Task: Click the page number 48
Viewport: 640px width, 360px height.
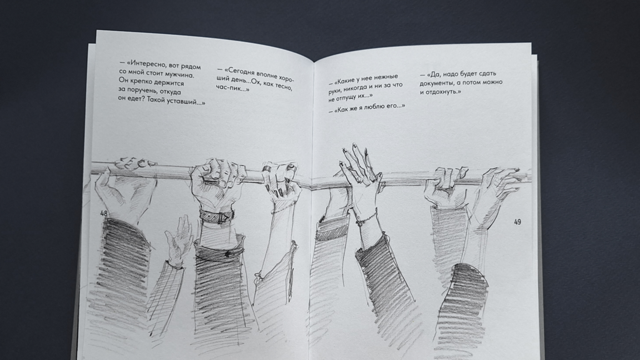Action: [x=104, y=213]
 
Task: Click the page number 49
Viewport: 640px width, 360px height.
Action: [x=517, y=222]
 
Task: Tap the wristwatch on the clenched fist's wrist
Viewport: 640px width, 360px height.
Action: [x=217, y=216]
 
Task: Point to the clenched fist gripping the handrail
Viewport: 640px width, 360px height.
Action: [x=216, y=179]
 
